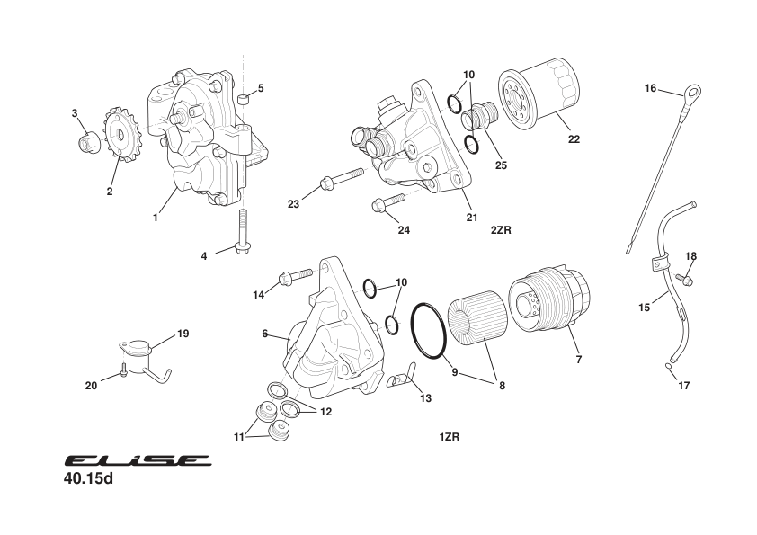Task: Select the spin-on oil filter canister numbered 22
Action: point(542,93)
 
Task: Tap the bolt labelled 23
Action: point(341,178)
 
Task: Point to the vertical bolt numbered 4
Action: point(241,233)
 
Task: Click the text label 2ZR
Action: point(501,229)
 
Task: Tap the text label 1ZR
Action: point(450,437)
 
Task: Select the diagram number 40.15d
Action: point(89,478)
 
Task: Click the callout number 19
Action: point(183,334)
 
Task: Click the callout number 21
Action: point(471,216)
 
